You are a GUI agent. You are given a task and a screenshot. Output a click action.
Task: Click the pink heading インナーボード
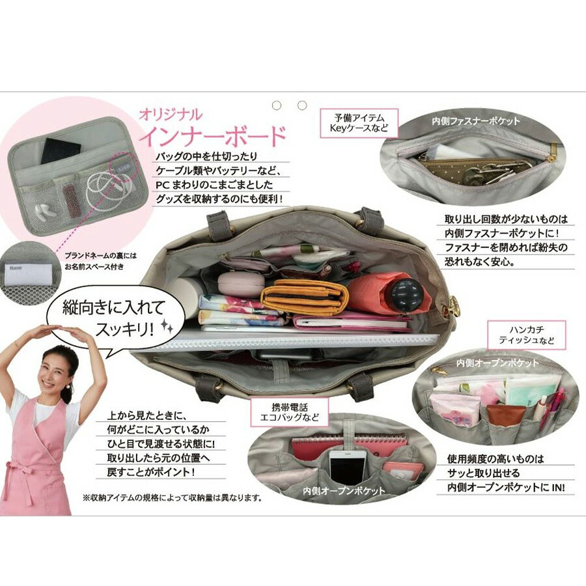(212, 136)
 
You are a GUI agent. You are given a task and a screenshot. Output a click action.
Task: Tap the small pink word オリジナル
(171, 115)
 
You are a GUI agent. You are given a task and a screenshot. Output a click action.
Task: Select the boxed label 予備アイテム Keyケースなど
(359, 123)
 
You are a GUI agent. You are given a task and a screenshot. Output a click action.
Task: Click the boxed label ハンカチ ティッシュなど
(527, 335)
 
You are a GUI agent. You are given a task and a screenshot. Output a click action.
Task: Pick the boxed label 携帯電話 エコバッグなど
(290, 412)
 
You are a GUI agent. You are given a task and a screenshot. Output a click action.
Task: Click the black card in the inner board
(61, 150)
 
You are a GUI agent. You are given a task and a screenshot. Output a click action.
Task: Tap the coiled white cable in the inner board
(107, 189)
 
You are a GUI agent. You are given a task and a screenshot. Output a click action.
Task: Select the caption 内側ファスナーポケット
(476, 121)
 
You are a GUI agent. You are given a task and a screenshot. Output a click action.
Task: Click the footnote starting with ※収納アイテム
(172, 498)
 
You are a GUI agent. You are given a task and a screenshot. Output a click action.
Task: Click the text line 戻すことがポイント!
(150, 472)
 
